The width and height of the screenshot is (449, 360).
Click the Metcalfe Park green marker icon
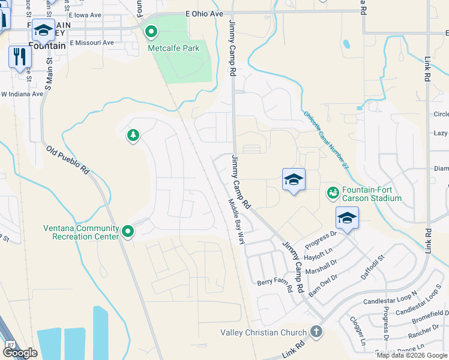click(x=151, y=31)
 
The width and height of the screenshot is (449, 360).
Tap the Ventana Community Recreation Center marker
click(x=128, y=231)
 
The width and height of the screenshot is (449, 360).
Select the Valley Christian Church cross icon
click(x=316, y=332)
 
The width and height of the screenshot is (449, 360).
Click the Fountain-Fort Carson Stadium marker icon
click(x=332, y=193)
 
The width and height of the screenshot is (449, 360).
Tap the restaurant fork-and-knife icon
click(x=20, y=57)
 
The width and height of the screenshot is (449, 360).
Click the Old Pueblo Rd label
click(x=68, y=160)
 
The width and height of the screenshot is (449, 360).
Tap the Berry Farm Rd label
click(x=274, y=286)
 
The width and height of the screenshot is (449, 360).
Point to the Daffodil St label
click(x=372, y=262)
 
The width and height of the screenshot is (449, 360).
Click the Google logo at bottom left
click(x=20, y=353)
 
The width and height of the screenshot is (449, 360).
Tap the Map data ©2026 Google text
click(x=412, y=355)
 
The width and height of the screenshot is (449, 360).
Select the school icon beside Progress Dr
click(x=347, y=218)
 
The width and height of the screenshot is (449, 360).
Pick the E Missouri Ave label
click(x=91, y=43)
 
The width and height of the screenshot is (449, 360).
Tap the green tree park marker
click(x=133, y=136)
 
